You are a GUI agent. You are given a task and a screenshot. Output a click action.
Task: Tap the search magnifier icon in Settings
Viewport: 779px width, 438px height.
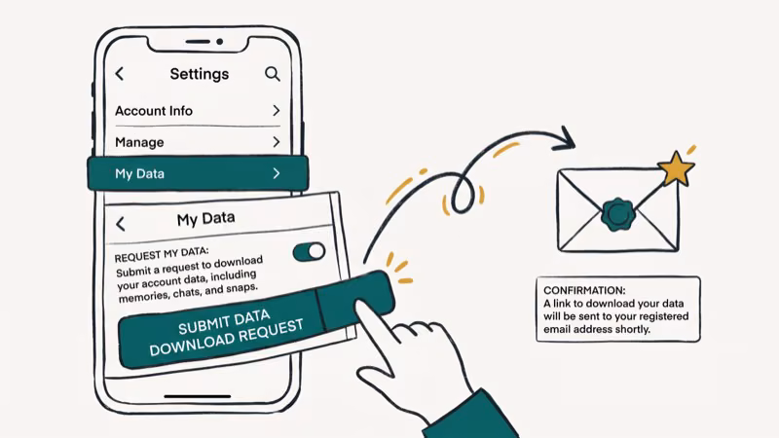pyautogui.click(x=273, y=74)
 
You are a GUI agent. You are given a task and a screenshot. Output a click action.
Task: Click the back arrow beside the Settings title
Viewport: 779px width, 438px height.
pyautogui.click(x=120, y=74)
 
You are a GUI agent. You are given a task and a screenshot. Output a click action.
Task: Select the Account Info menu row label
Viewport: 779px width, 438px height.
pyautogui.click(x=154, y=111)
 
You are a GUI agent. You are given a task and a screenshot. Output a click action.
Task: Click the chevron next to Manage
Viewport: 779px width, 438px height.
pyautogui.click(x=277, y=142)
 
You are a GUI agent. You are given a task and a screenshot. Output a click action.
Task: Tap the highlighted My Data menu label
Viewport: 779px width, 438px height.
pyautogui.click(x=139, y=174)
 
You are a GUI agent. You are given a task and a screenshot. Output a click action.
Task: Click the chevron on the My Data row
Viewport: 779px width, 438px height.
pyautogui.click(x=277, y=173)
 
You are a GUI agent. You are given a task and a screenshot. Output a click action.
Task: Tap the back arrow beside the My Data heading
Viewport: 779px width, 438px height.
pyautogui.click(x=121, y=224)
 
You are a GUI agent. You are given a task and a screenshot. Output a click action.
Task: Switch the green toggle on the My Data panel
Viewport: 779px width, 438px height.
pyautogui.click(x=310, y=252)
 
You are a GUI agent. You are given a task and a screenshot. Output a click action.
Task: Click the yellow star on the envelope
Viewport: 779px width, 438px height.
pyautogui.click(x=676, y=170)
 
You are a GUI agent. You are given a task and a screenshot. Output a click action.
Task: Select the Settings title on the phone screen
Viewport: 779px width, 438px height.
pyautogui.click(x=199, y=74)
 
